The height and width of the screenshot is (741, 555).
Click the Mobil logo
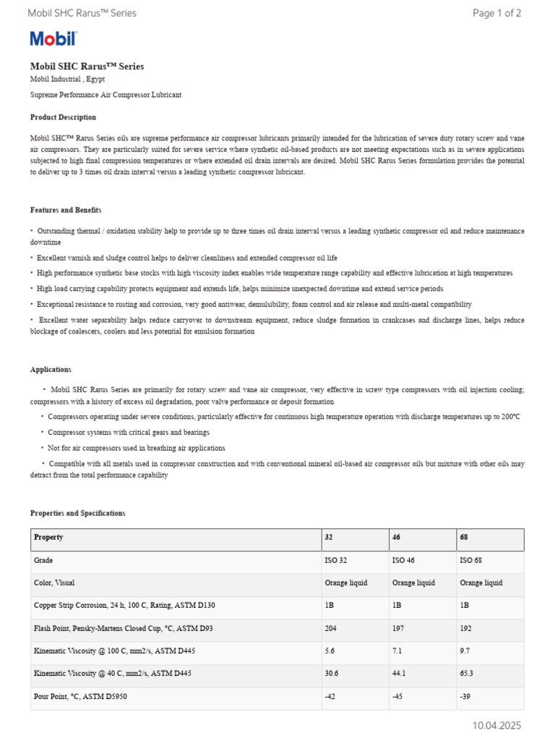coord(53,39)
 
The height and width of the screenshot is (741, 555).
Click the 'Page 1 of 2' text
coord(496,13)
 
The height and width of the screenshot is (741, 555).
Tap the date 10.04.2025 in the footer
coord(496,725)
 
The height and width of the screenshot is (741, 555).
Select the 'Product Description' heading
coord(63,117)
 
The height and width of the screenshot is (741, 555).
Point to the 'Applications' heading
coord(51,369)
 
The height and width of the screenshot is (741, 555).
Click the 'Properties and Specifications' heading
coord(77,513)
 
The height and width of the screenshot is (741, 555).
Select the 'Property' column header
coord(48,538)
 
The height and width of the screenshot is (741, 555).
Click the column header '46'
coord(397,538)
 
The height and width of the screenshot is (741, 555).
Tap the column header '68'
coord(465,538)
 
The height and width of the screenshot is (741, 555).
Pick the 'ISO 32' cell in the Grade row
coord(335,560)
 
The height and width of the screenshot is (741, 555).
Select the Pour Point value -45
coord(398,697)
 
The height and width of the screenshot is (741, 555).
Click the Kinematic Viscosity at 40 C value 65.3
coord(467,674)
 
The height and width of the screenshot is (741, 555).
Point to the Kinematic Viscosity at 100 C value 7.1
coord(397,651)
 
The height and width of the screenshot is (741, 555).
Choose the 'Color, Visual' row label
coord(54,583)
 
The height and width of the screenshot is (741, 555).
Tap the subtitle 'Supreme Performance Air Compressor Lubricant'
coord(106,95)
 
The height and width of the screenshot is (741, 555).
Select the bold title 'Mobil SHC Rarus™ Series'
coord(87,67)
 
